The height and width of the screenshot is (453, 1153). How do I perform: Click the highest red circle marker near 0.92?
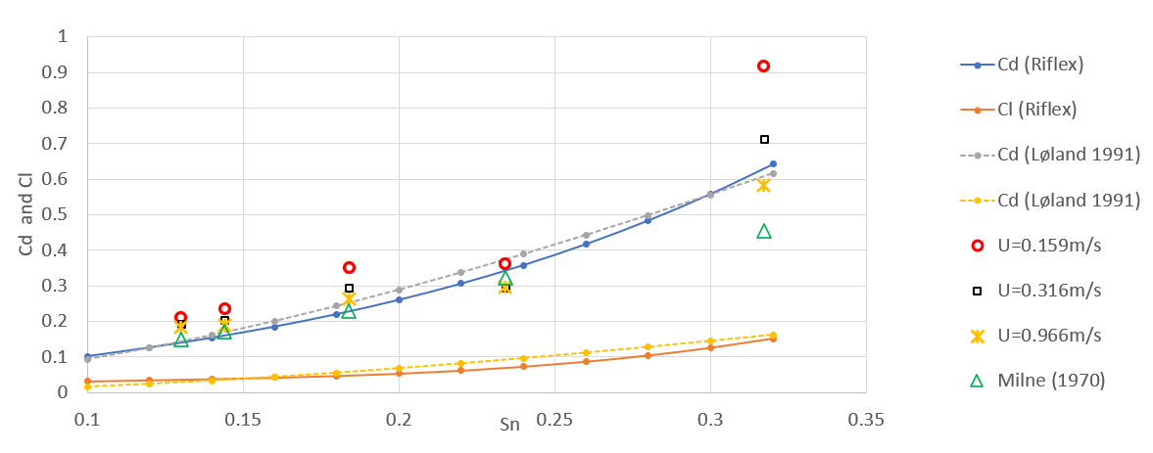763,66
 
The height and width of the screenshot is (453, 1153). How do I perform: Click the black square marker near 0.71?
764,139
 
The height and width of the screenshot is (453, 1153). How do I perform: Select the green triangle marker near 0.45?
764,231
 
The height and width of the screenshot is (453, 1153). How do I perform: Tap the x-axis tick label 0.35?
866,420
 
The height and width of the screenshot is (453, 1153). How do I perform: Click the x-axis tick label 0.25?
553,420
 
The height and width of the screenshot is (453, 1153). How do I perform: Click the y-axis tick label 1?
65,37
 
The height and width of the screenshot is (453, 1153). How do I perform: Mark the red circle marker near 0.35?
349,267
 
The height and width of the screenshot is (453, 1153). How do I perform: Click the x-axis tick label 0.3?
710,420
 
